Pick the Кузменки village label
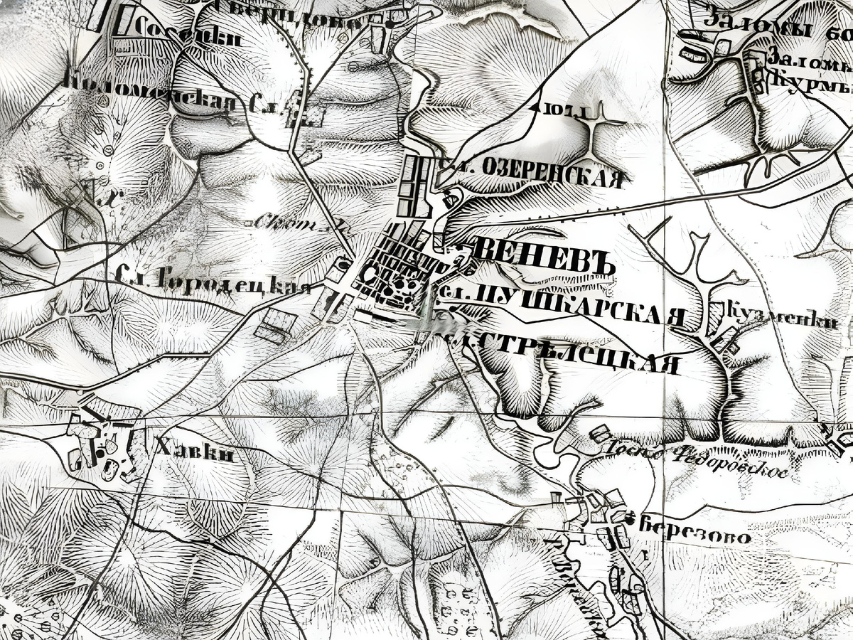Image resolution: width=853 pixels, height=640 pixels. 782,318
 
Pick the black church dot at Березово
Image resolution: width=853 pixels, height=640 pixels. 629,520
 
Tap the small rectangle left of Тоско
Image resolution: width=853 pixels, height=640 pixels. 601,432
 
